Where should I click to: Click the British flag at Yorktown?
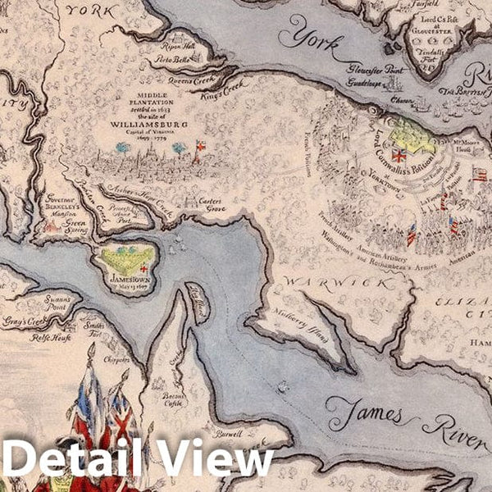399,155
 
